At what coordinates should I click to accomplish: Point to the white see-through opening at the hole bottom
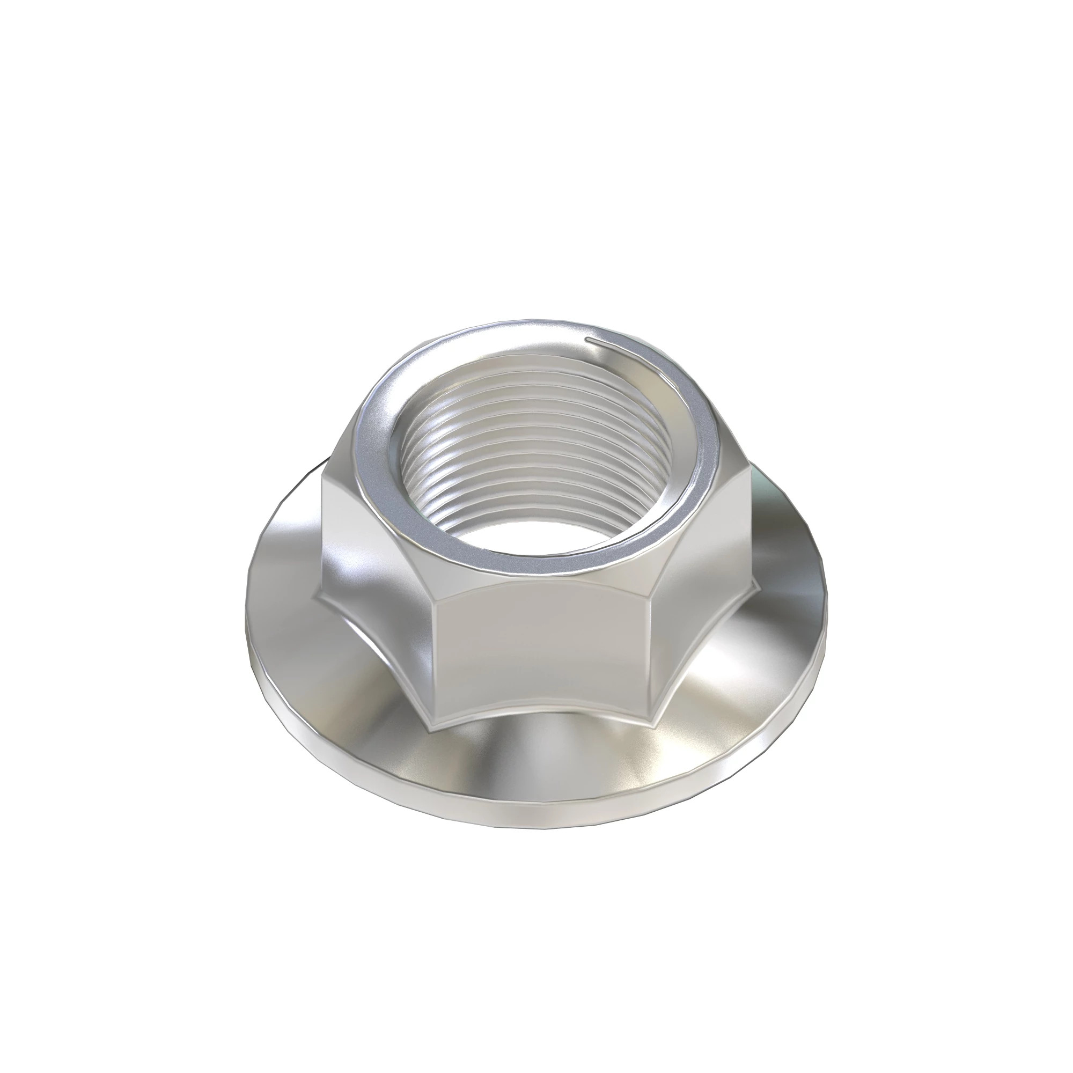click(533, 533)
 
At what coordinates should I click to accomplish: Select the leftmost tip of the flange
click(247, 628)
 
